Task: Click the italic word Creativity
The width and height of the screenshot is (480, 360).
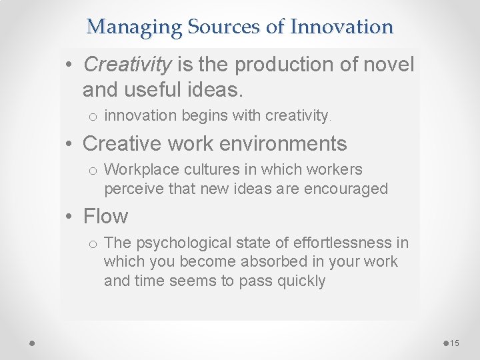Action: pos(127,65)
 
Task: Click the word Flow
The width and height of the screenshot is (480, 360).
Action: pos(105,217)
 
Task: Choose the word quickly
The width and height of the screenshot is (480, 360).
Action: pos(296,281)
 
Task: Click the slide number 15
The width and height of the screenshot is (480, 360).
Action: pos(455,343)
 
